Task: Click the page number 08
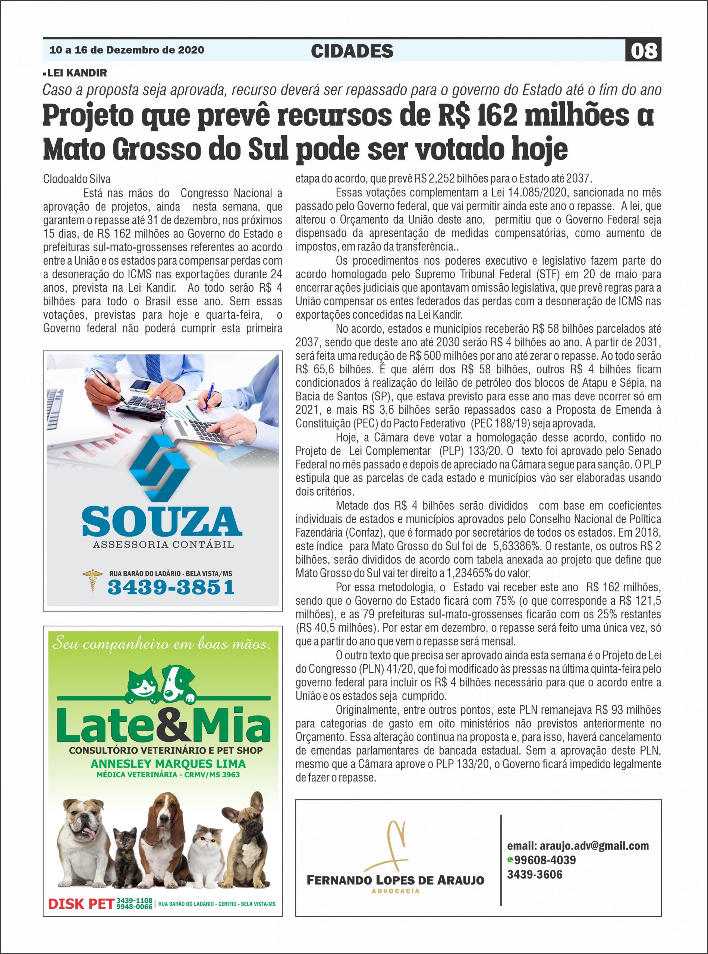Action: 644,51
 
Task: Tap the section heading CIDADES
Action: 352,51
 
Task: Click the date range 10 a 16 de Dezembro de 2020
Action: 127,50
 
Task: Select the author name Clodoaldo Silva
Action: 77,179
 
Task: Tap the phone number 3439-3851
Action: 171,587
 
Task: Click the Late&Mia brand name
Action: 163,724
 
